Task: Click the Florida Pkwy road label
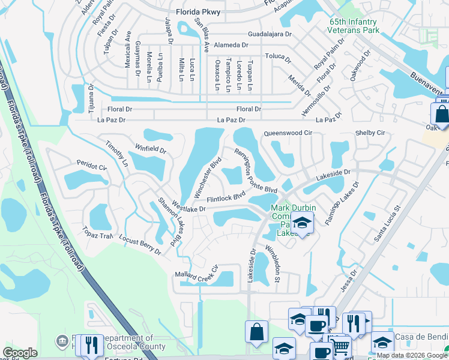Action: pos(199,11)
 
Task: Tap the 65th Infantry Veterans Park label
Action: pos(354,25)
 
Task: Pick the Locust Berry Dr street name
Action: pos(140,245)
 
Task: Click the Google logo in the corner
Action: pos(20,353)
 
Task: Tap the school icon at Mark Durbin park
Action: pos(303,222)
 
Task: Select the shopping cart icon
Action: pos(340,346)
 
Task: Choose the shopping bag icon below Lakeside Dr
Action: pos(256,331)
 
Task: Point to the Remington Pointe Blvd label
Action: pos(256,170)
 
